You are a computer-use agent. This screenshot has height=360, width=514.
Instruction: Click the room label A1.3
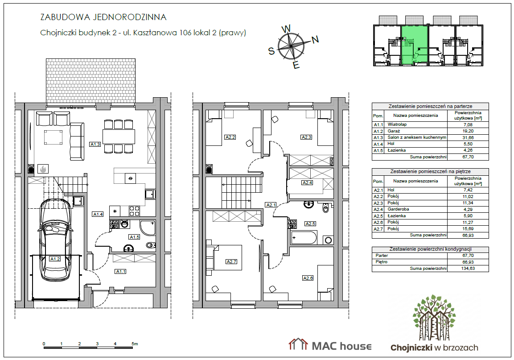coord(95,144)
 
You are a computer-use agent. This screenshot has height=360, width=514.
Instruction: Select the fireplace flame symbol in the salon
coord(43,169)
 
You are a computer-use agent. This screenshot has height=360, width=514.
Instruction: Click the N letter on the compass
coord(315,40)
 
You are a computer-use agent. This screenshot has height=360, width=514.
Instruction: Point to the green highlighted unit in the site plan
coord(414,46)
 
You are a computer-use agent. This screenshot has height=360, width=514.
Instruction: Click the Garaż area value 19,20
coord(468,131)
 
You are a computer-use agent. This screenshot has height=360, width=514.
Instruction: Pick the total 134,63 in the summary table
coord(468,269)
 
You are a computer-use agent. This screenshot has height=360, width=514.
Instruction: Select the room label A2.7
coord(231,261)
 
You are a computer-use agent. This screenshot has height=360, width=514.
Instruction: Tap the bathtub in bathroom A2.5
coord(304,238)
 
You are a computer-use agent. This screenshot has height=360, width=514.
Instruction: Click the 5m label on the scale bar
coord(135,344)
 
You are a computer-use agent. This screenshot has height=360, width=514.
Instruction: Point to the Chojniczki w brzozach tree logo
coord(434,318)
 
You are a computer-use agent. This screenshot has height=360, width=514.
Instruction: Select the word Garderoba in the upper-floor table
coord(398,209)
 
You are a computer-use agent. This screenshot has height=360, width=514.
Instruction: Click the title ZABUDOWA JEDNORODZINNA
coord(103,17)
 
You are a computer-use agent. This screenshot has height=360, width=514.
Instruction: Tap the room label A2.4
coord(307,182)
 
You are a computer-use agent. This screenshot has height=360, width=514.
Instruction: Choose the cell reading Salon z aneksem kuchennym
coord(417,137)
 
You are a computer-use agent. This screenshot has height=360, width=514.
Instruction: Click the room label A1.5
coord(134,237)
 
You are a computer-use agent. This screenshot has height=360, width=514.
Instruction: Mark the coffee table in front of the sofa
coord(53,137)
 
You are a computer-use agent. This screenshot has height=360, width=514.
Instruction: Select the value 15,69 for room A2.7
coord(468,229)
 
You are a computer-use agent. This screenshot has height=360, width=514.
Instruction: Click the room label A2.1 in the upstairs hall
coord(271,205)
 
